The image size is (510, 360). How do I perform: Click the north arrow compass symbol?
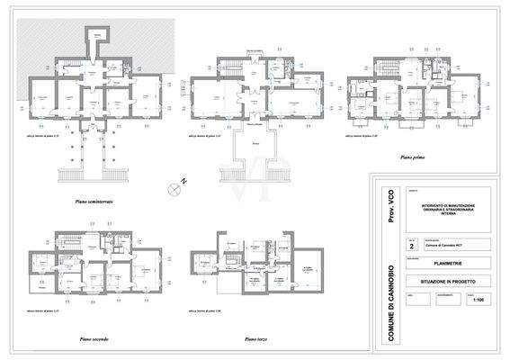tap(173, 187)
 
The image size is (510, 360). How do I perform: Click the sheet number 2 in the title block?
tap(412, 244)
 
